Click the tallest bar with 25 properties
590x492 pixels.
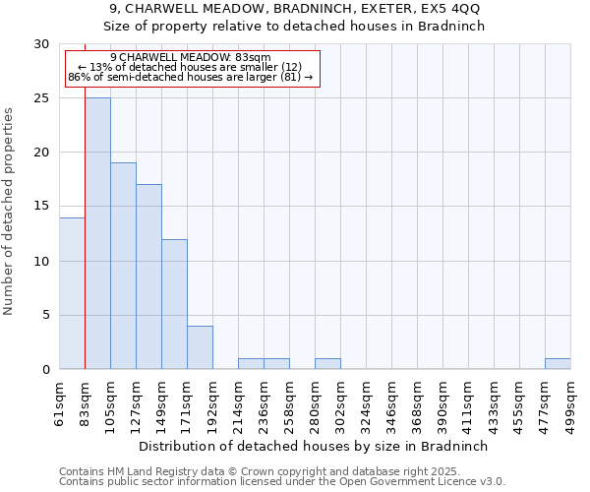click(x=97, y=233)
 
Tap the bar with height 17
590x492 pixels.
click(x=148, y=277)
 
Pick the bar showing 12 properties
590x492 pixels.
click(x=174, y=304)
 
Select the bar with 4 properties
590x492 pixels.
click(x=200, y=347)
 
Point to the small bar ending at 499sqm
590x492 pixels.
click(x=558, y=364)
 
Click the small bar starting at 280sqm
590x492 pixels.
click(x=327, y=364)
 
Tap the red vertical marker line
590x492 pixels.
click(x=85, y=246)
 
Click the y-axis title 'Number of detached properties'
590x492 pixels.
click(x=10, y=212)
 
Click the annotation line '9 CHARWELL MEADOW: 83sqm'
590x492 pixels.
click(x=191, y=58)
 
